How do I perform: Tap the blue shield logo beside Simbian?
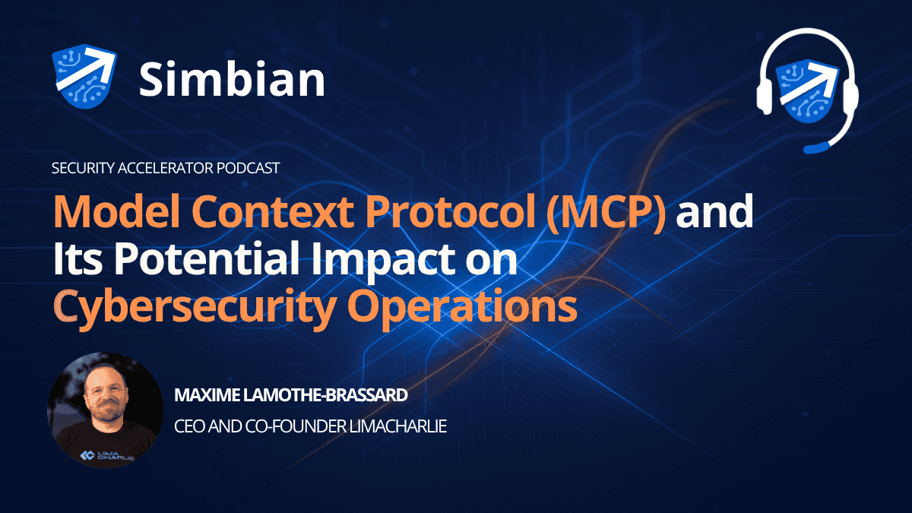[83, 75]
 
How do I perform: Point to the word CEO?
[189, 426]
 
